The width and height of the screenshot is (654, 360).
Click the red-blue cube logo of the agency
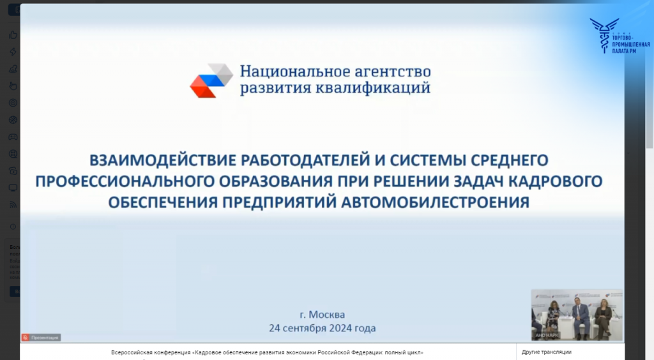coord(211,80)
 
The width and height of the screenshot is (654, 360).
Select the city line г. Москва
coord(322,315)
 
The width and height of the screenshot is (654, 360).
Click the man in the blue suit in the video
coord(581,317)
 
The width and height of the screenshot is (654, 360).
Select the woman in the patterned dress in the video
coord(552,317)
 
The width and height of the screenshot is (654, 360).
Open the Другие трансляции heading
coord(546,352)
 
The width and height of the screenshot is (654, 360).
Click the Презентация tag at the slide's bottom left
coord(42,337)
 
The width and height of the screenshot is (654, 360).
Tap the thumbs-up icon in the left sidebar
coord(13,35)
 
